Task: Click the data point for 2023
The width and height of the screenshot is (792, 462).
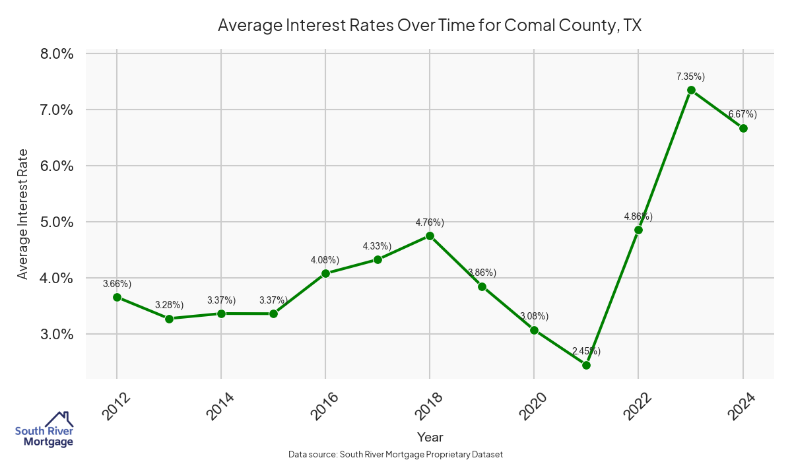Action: [691, 90]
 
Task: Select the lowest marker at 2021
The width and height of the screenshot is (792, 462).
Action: [586, 365]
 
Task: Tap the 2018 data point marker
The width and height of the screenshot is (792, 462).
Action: [430, 236]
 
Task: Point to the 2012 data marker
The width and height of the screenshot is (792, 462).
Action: [117, 297]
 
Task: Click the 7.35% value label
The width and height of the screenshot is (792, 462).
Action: [690, 77]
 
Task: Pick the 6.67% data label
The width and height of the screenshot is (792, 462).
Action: [742, 114]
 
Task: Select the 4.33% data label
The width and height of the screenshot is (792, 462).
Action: [377, 246]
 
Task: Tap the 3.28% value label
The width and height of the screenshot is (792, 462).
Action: [169, 304]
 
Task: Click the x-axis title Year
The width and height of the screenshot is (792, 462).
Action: [430, 437]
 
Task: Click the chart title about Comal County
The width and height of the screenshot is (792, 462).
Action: [430, 26]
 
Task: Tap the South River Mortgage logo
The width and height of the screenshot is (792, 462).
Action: [44, 429]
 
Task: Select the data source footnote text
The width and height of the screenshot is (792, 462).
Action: [396, 454]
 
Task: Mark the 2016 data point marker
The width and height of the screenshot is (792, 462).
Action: [325, 273]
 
